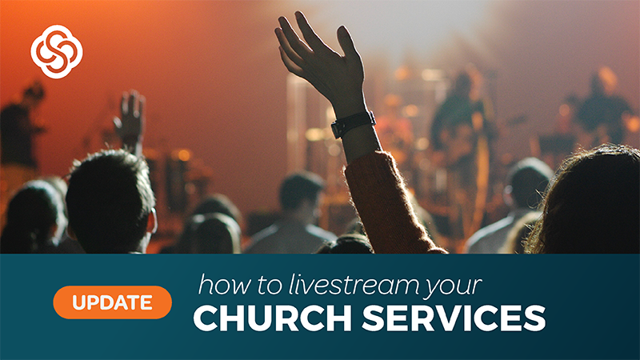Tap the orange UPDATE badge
click(x=112, y=302)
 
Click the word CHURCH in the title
click(x=272, y=318)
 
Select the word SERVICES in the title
click(x=454, y=318)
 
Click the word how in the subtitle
click(x=224, y=284)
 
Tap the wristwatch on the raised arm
click(x=353, y=124)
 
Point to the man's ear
click(x=152, y=222)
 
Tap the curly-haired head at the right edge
click(x=588, y=200)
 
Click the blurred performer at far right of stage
click(x=600, y=106)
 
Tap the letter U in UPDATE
click(x=79, y=303)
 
